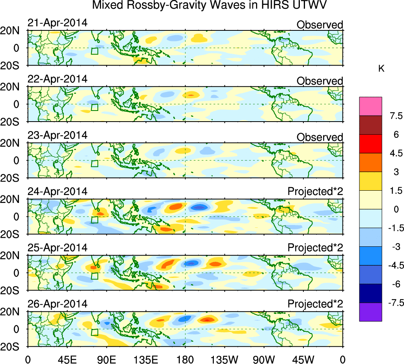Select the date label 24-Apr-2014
coord(57,191)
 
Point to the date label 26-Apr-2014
coord(57,304)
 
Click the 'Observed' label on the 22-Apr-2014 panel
coord(320,81)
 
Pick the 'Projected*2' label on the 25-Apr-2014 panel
coord(315,248)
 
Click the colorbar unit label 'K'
coord(382,69)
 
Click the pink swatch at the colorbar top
coord(370,106)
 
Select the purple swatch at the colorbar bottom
coord(370,312)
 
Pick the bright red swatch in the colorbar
coord(370,144)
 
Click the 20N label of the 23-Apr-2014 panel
coord(16,144)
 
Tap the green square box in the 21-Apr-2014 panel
coord(94,51)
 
